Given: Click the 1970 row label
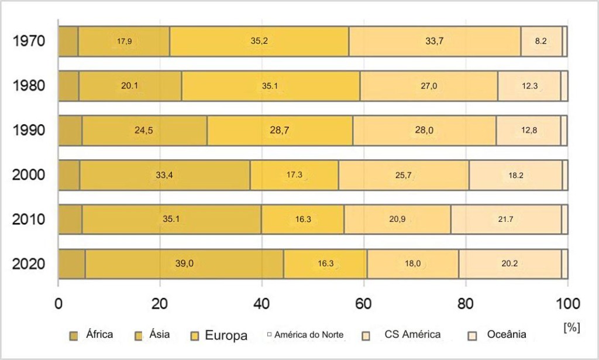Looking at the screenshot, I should pos(29,42).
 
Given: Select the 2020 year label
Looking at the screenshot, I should pos(29,264).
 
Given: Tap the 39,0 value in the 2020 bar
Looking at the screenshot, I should pos(185,264).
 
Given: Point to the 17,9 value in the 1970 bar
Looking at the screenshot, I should pos(124,42).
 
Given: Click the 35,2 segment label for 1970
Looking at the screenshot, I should pos(259,42).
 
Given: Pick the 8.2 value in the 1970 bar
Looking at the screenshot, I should pos(541,42).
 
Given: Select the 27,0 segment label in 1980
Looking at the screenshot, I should pos(428,86).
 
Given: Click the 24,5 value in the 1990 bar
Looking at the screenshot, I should pos(144,131).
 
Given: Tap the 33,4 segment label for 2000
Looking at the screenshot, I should pos(164,175).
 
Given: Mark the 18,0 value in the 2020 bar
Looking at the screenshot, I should pos(412,264).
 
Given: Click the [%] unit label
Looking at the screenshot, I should pos(571,327).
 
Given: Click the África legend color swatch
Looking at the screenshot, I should pos(74,335).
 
